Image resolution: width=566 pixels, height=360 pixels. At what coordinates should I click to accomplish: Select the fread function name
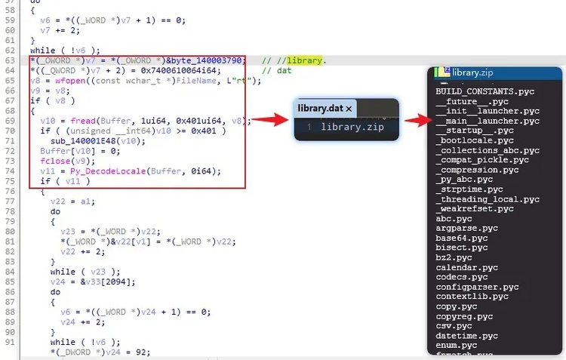point(83,121)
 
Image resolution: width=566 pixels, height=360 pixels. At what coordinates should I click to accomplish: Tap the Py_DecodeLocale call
point(108,171)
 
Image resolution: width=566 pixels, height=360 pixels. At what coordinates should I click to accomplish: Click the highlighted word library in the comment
point(304,60)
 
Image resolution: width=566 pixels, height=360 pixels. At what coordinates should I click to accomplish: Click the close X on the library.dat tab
point(349,109)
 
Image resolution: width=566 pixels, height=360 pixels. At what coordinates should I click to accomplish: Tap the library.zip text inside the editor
point(352,127)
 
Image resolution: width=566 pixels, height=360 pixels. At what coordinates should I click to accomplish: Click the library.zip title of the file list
point(472,72)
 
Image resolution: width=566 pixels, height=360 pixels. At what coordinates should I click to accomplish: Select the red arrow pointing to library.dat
point(270,119)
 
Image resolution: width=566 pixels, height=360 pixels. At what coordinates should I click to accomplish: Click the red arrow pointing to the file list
point(418,120)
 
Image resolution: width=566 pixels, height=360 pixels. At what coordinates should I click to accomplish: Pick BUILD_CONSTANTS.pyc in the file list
point(484,91)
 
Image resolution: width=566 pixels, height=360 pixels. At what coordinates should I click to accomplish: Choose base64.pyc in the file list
point(462,238)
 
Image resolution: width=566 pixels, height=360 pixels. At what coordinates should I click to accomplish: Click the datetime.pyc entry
point(466,335)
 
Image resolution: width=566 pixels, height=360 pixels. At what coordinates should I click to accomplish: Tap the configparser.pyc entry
point(477,287)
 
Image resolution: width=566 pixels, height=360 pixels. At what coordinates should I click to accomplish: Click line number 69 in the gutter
point(10,121)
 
